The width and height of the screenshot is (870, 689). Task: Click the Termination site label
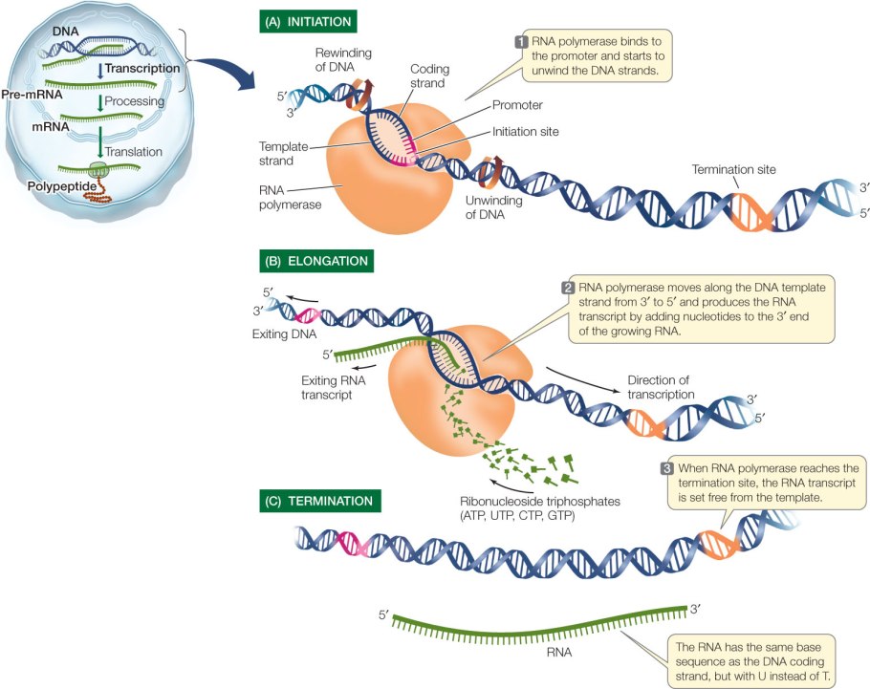(x=734, y=169)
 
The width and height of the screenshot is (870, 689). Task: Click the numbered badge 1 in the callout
(x=521, y=41)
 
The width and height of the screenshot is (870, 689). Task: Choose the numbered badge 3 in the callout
(x=667, y=468)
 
